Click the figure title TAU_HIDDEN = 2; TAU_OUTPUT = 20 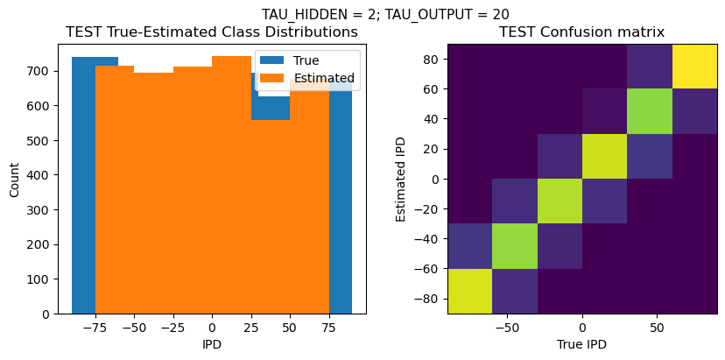385,14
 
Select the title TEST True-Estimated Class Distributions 212,32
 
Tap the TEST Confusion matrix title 581,32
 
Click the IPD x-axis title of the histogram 212,344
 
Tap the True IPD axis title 581,344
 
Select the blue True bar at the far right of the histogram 341,193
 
